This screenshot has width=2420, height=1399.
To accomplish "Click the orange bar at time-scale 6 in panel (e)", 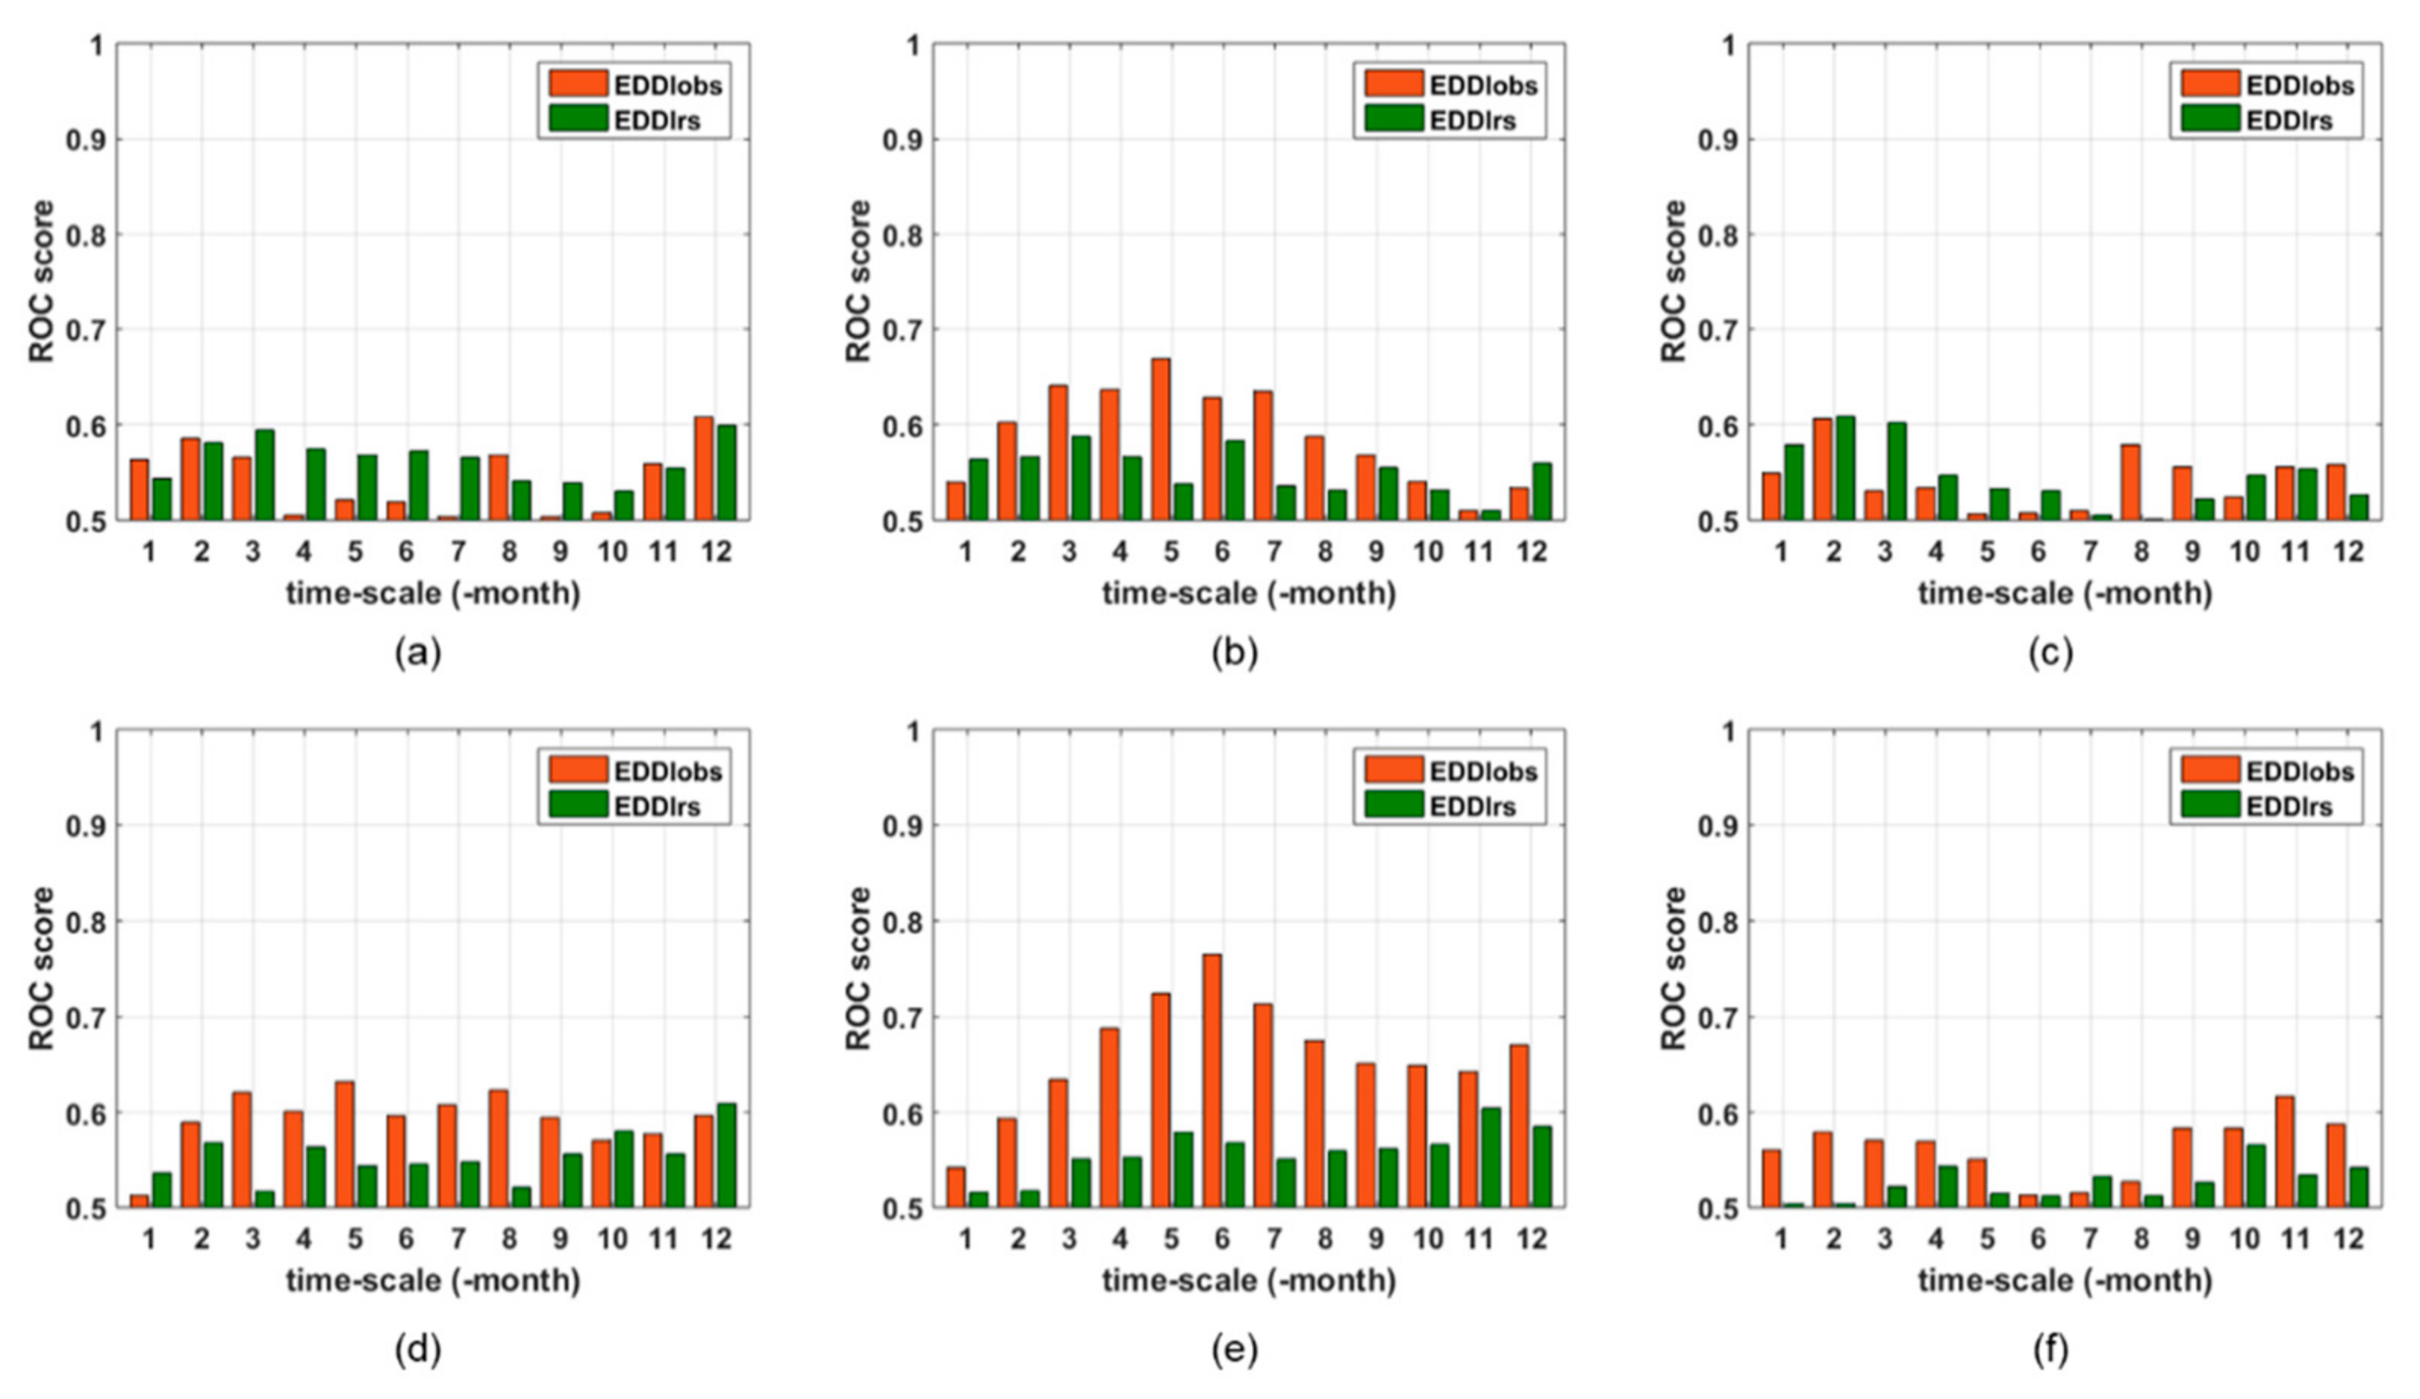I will (1210, 1080).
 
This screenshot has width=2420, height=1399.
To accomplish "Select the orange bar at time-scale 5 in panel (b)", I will (1160, 439).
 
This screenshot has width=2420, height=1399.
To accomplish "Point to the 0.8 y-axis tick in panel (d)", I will (85, 921).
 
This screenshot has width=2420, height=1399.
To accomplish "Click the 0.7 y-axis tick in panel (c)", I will (1717, 329).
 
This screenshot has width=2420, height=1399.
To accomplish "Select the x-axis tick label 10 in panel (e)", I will (1427, 1239).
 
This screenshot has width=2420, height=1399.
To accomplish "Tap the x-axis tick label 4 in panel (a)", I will (304, 551).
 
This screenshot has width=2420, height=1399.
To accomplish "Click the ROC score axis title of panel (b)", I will (858, 282).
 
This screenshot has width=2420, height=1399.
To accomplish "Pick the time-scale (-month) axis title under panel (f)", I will (2065, 1281).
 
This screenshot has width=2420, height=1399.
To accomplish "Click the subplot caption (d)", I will (418, 1350).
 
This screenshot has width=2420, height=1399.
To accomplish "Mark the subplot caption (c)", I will (2050, 653).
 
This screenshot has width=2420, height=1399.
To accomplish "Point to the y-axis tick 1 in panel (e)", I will (912, 731).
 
